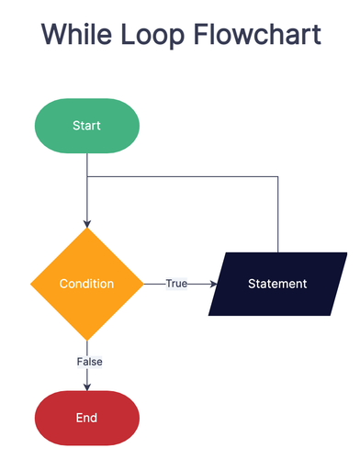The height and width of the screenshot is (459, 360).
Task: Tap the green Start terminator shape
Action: [x=86, y=125]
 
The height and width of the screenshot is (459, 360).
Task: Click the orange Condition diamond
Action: [x=86, y=284]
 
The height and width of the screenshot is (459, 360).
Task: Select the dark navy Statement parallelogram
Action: [x=277, y=284]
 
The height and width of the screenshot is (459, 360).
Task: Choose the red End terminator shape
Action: [x=86, y=418]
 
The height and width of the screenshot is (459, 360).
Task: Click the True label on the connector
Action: [x=176, y=284]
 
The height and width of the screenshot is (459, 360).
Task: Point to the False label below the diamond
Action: [x=88, y=362]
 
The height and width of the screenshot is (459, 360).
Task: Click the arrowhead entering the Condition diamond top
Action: [x=86, y=223]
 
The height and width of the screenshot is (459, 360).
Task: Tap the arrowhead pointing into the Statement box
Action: [x=217, y=284]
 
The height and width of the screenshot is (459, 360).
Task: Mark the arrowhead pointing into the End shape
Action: [x=86, y=386]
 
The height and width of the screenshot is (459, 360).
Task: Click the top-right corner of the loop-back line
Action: [x=277, y=176]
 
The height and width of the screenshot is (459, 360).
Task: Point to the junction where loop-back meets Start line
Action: [x=86, y=176]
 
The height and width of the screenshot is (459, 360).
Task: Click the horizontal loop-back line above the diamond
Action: [x=184, y=176]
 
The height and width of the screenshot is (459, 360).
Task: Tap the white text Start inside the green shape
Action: [x=86, y=125]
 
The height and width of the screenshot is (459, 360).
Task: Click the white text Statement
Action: [x=277, y=284]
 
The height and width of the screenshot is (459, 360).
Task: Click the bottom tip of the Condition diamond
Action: [x=86, y=339]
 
